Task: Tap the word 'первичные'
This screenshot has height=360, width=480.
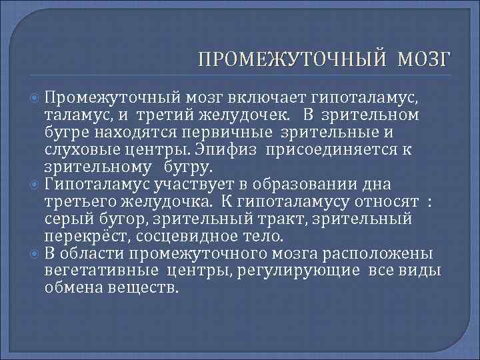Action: pyautogui.click(x=247, y=132)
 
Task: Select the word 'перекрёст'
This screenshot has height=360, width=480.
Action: pyautogui.click(x=81, y=236)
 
